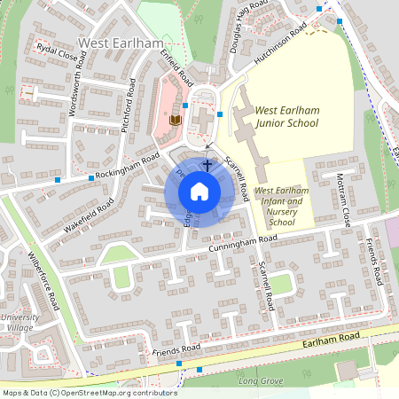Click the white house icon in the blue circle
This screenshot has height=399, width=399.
coord(199,192)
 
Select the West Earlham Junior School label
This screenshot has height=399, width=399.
coord(286,116)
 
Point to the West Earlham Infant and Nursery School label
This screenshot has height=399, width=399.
coord(280,206)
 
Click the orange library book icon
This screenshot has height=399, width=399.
coord(176,119)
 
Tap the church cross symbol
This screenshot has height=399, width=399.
coord(208,164)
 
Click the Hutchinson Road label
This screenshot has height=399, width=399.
coord(278,42)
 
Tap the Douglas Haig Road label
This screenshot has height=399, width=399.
coord(247,27)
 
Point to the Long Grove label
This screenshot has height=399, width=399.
coord(260,380)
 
